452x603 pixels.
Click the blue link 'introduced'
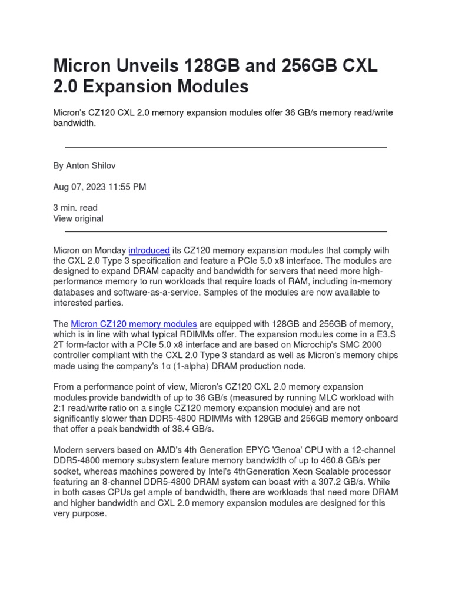(149, 250)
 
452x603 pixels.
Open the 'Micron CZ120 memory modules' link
(134, 324)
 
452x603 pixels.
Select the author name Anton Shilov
(95, 166)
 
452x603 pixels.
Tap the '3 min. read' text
(75, 208)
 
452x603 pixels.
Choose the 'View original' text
(78, 218)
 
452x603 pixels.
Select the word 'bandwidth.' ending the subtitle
(74, 124)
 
